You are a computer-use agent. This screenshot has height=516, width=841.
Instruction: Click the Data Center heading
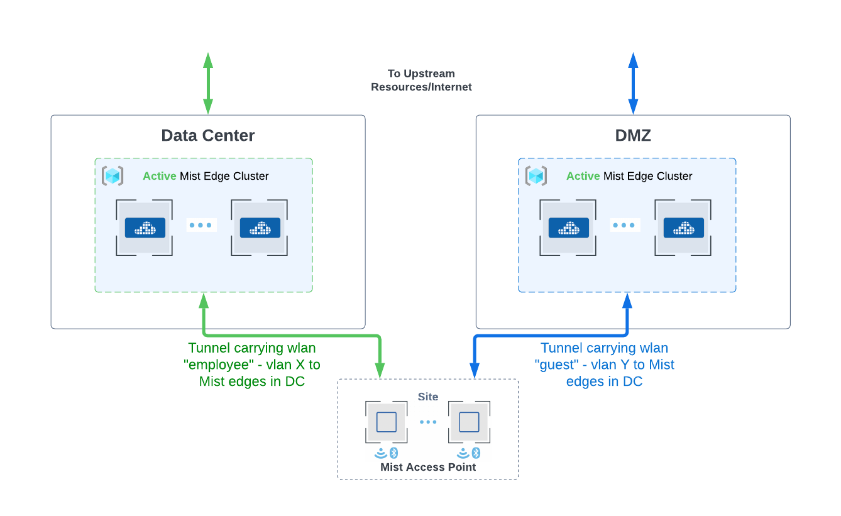207,136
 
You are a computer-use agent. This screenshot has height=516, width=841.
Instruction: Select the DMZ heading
632,136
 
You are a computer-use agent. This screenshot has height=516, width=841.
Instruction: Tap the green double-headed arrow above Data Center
208,84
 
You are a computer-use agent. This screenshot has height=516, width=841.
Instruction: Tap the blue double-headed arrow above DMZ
633,84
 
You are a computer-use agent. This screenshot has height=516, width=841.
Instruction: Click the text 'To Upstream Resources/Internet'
421,80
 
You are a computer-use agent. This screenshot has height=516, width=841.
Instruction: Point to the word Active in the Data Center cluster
159,176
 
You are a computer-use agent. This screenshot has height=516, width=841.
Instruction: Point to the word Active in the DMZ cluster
583,176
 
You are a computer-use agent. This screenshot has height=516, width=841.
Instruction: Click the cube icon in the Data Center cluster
113,176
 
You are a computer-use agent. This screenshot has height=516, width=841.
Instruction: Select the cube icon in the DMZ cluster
536,176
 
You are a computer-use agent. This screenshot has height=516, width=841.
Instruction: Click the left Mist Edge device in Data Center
145,228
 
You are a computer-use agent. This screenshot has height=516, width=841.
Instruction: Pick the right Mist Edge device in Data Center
260,228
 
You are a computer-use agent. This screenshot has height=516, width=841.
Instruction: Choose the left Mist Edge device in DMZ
568,228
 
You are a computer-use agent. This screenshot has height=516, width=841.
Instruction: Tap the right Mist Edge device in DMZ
683,228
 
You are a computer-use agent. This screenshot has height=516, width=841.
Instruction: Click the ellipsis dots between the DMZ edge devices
625,225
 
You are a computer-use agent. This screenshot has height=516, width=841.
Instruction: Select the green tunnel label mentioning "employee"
252,365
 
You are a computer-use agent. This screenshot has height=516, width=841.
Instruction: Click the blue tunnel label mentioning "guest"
604,365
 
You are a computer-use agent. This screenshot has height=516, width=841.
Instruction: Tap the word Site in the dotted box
428,397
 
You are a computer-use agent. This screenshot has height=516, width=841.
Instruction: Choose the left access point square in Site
386,422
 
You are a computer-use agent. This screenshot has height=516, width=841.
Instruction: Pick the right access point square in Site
469,422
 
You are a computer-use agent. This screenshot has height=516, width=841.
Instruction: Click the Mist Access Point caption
428,467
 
